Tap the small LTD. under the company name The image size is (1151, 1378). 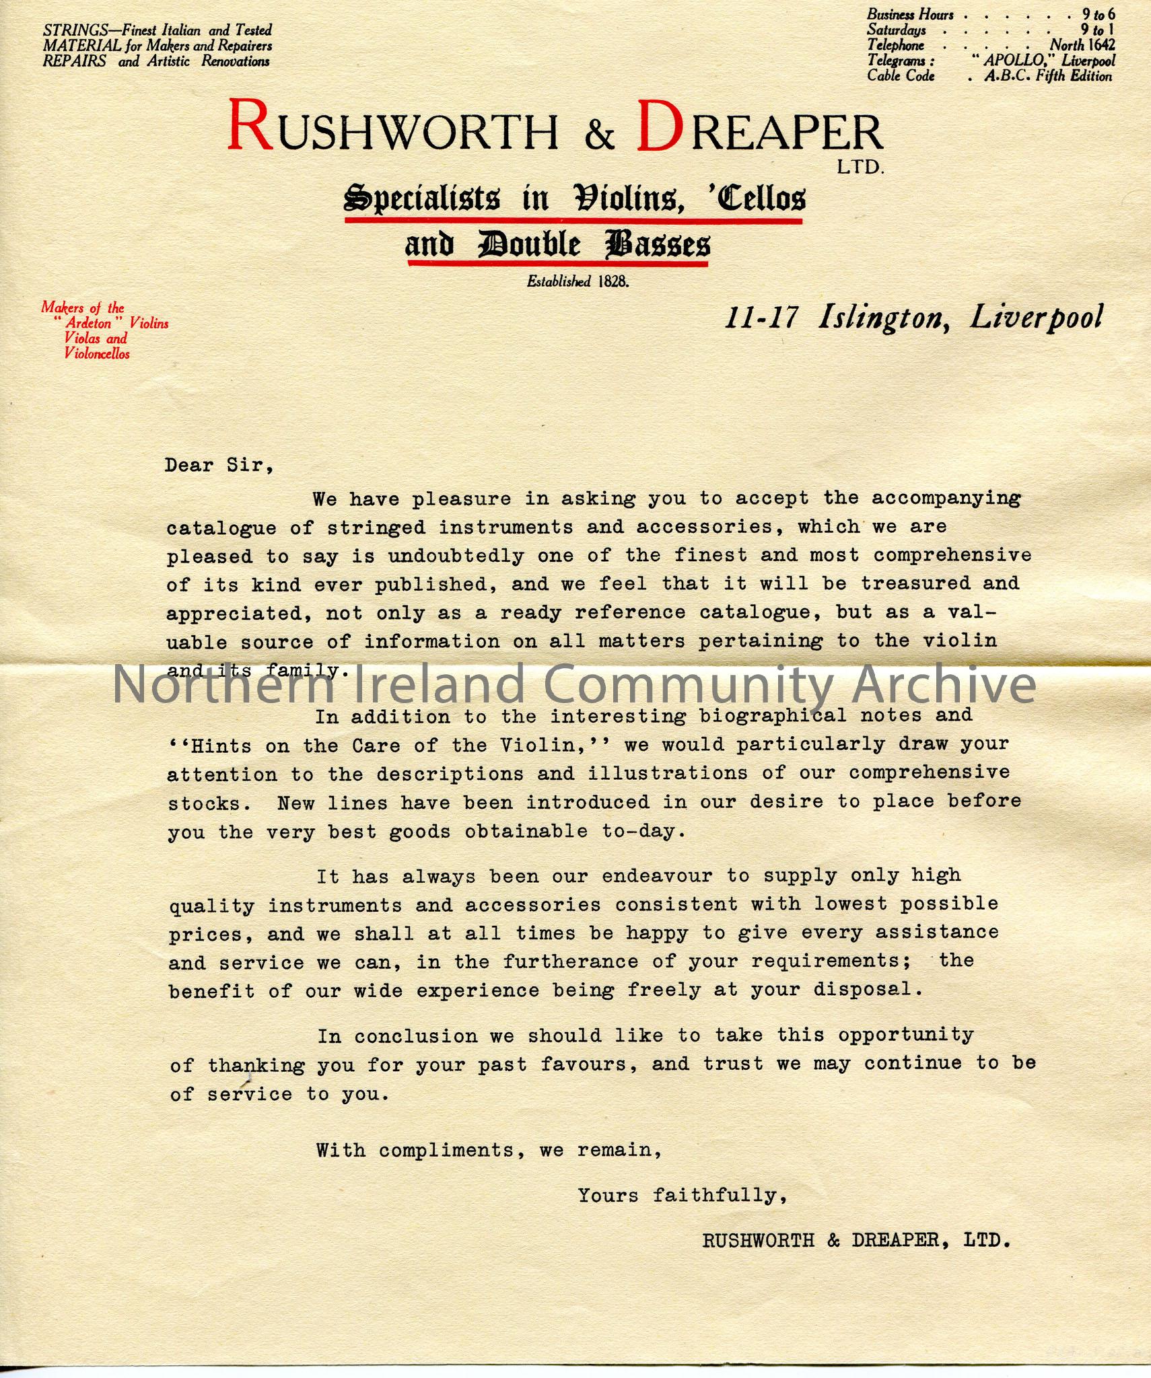pyautogui.click(x=860, y=168)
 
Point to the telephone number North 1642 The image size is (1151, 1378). pyautogui.click(x=1082, y=45)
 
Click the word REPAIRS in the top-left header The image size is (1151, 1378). pyautogui.click(x=75, y=61)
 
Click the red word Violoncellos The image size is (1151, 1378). pyautogui.click(x=97, y=354)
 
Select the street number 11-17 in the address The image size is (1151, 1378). pyautogui.click(x=761, y=317)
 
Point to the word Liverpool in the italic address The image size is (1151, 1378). pyautogui.click(x=1036, y=317)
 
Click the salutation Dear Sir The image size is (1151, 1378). pyautogui.click(x=219, y=466)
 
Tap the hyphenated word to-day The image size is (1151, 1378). pyautogui.click(x=643, y=832)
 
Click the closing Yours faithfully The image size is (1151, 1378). pyautogui.click(x=682, y=1195)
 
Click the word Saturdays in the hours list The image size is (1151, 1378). pyautogui.click(x=896, y=30)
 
